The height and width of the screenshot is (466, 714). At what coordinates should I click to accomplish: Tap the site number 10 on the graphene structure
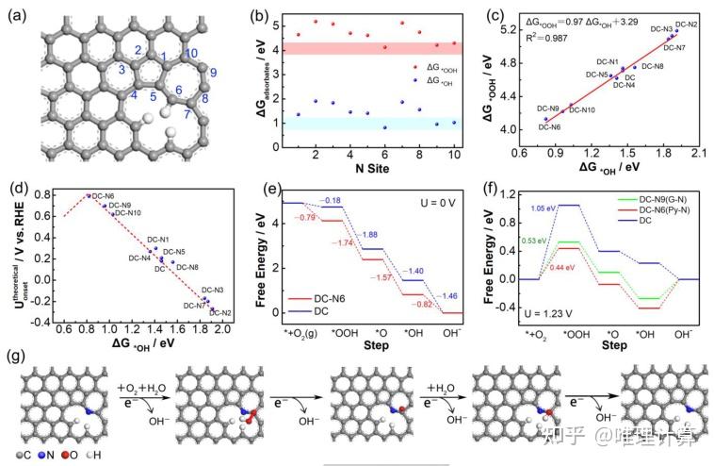[x=191, y=53]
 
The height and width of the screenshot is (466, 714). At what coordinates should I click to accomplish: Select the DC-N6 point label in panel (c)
[x=550, y=126]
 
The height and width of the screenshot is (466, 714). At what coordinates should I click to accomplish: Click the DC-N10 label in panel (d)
[x=127, y=213]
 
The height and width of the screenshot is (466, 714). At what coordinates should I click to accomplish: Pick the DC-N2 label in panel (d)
[x=221, y=311]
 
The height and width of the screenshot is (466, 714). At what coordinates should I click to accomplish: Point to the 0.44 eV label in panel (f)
[x=564, y=267]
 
